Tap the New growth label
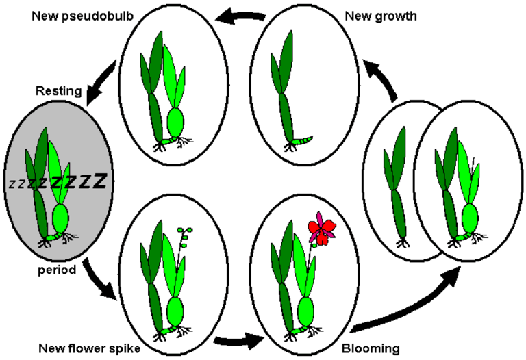pyautogui.click(x=381, y=14)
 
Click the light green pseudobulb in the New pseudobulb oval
pyautogui.click(x=175, y=123)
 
